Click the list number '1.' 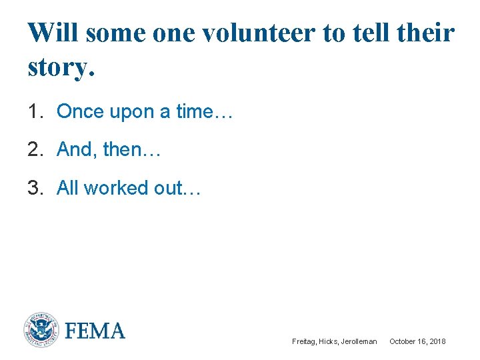pyautogui.click(x=36, y=111)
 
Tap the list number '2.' pyautogui.click(x=36, y=150)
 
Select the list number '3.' pyautogui.click(x=36, y=188)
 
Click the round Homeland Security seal pyautogui.click(x=41, y=330)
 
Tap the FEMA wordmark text pyautogui.click(x=95, y=331)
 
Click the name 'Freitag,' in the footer pyautogui.click(x=304, y=341)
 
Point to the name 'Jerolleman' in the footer pyautogui.click(x=359, y=341)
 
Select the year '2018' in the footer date pyautogui.click(x=437, y=341)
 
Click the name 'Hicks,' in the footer pyautogui.click(x=329, y=341)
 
